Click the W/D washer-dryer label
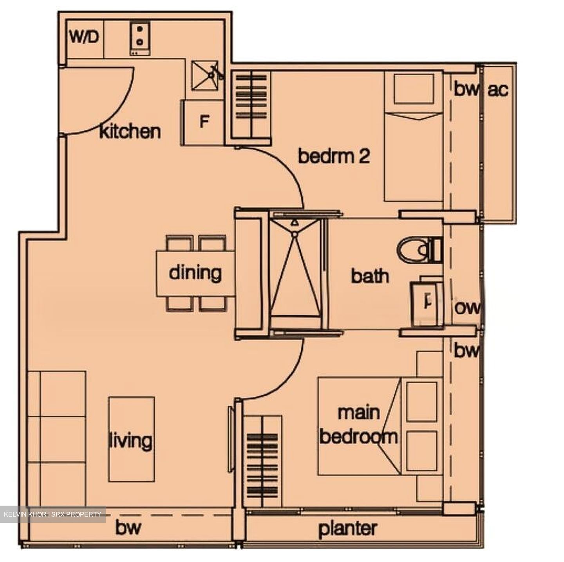[85, 38]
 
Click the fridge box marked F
[203, 122]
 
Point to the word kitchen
[130, 132]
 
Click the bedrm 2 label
[334, 156]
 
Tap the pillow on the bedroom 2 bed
[414, 89]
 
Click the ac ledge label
[498, 90]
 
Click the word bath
[370, 276]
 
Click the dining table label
[195, 273]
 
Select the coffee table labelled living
[131, 440]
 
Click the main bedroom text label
[358, 425]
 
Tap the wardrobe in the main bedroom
[262, 462]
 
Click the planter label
[348, 529]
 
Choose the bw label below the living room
[128, 528]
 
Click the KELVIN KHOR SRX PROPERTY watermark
[52, 514]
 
